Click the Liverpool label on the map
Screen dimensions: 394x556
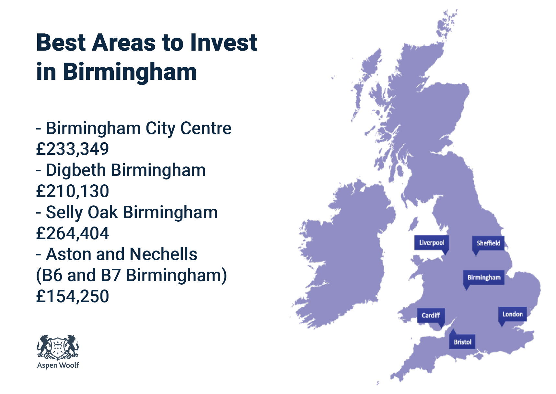coord(432,243)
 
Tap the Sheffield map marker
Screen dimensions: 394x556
coord(488,243)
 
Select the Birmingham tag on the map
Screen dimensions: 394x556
coord(484,277)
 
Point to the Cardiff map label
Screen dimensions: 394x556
coord(431,315)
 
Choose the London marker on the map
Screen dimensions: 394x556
coord(512,314)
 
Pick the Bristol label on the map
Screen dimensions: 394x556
coord(462,342)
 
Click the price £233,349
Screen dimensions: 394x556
coord(73,149)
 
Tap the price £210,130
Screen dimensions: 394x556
coord(73,191)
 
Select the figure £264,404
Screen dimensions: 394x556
coord(73,233)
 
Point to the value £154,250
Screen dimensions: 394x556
coord(73,296)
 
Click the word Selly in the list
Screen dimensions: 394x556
coord(64,213)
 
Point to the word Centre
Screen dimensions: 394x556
coord(206,128)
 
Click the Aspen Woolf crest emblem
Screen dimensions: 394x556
coord(58,347)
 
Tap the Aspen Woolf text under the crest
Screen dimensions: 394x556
coord(58,365)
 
